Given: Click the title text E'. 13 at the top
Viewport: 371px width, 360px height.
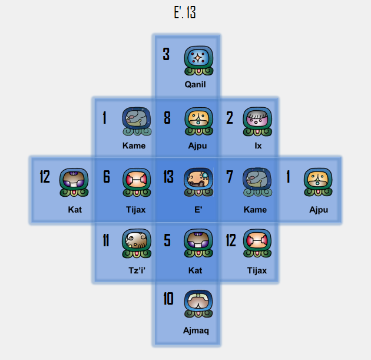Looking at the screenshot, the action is (185, 13).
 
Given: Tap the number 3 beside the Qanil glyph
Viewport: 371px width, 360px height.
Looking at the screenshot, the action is (166, 55).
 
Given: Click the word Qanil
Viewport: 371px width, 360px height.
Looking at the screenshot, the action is (195, 84).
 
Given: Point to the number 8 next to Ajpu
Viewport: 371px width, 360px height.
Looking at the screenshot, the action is (167, 118).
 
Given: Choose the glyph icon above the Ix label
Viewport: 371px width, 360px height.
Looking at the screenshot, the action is (257, 121).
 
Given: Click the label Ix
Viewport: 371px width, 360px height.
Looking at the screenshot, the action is (258, 146).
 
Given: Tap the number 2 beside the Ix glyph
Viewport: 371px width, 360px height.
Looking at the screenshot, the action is (230, 118).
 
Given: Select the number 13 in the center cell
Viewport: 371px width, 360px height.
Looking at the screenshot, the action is (168, 177).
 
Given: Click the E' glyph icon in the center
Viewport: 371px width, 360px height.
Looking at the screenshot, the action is (198, 183).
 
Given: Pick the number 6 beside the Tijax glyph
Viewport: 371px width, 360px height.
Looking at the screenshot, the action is (107, 177).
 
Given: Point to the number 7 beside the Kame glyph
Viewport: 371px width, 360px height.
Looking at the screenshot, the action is (230, 177).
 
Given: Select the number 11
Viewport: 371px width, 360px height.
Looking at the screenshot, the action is (106, 240).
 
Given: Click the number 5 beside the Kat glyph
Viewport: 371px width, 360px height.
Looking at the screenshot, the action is (167, 240).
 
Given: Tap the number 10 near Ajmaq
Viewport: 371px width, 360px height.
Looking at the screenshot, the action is (168, 299).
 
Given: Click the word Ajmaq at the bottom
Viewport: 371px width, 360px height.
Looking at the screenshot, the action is (196, 331).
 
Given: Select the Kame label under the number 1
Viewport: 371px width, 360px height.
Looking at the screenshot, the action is (134, 146).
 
